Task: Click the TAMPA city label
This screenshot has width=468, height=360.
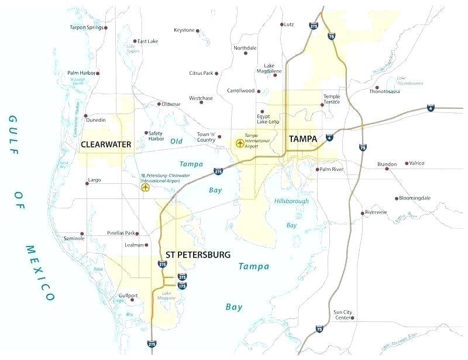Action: [302, 139]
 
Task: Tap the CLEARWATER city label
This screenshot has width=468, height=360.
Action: [105, 143]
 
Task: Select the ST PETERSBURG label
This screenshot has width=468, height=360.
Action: [198, 255]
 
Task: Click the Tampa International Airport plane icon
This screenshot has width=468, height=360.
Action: [239, 142]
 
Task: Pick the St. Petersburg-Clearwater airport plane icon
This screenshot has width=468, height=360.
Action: [145, 187]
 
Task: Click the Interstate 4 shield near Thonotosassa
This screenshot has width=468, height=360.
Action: [430, 109]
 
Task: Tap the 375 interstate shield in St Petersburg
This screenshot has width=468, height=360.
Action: [183, 277]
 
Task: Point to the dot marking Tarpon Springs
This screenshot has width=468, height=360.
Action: [106, 28]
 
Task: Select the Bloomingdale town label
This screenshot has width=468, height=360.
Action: [415, 198]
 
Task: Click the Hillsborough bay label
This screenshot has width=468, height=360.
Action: [291, 201]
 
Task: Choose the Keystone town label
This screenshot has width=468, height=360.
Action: [184, 30]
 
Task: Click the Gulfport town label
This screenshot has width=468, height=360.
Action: [128, 296]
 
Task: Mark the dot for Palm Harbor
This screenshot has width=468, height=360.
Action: [97, 73]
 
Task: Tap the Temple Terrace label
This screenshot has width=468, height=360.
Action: [331, 99]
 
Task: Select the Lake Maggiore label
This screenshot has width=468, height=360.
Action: [167, 295]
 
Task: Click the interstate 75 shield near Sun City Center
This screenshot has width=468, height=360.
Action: [319, 330]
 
